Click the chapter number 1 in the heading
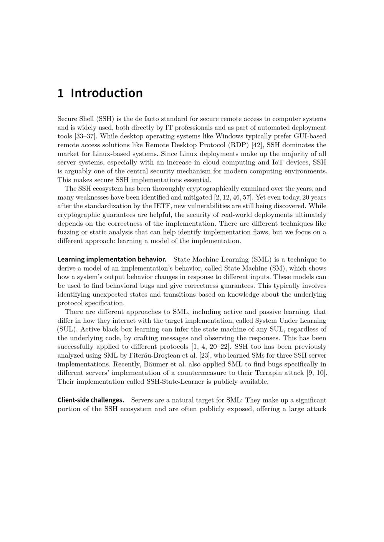(x=60, y=93)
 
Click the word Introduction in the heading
(x=107, y=93)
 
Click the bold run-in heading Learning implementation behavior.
(x=112, y=260)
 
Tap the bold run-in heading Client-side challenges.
(x=91, y=400)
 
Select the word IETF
(x=159, y=206)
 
